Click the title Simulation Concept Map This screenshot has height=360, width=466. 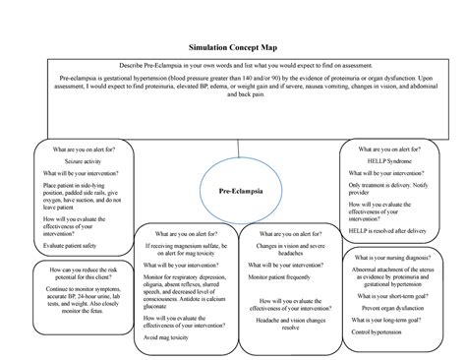click(x=233, y=46)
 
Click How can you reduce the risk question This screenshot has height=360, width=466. click(x=76, y=272)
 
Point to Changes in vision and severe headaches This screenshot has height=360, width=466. click(x=295, y=251)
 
